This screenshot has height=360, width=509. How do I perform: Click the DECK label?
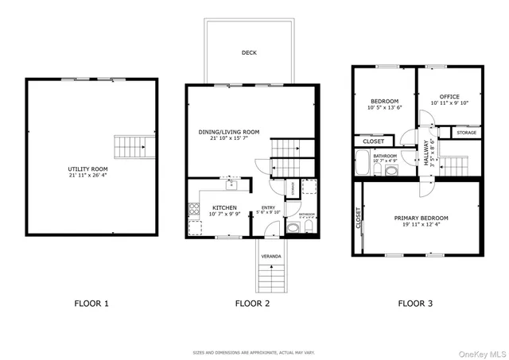[249, 53]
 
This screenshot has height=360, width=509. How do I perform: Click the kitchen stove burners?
[193, 211]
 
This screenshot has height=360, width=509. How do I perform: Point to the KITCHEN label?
[203, 207]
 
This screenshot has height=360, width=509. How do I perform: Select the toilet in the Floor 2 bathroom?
[291, 229]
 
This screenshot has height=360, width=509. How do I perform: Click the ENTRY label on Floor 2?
[268, 208]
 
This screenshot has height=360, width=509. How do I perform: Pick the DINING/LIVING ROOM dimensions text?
[229, 139]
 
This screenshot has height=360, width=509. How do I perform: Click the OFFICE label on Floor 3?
[450, 96]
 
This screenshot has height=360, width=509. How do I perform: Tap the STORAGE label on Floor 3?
[467, 133]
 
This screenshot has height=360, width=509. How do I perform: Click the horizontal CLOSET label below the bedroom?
[373, 141]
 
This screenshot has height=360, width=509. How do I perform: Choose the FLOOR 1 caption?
[91, 303]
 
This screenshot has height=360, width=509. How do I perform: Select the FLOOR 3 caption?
[414, 303]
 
